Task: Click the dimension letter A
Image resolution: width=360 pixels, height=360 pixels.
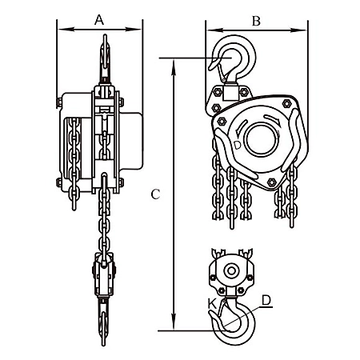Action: (99, 20)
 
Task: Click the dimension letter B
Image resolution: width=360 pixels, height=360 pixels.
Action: (256, 21)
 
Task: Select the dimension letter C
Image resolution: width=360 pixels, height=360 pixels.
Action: (155, 194)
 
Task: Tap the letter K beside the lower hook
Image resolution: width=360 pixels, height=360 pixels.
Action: (212, 304)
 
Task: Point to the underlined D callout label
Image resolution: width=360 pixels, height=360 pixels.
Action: (266, 301)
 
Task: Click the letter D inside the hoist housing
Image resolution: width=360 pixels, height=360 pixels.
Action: (238, 145)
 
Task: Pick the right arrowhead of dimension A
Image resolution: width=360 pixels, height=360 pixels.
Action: (133, 29)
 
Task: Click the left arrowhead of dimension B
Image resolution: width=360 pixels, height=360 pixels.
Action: (214, 30)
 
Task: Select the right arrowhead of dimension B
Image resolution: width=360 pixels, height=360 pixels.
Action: (298, 30)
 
